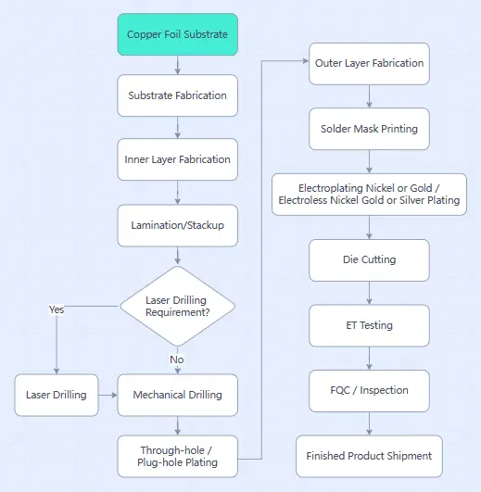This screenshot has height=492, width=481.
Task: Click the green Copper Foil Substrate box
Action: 177,34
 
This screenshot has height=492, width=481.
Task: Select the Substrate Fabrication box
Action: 177,95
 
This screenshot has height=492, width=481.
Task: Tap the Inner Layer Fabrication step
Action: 177,159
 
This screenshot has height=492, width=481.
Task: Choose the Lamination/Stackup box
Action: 177,224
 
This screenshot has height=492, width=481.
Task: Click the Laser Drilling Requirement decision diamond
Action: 177,306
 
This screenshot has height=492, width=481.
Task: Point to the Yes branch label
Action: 57,309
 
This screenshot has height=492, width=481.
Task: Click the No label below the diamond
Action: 177,359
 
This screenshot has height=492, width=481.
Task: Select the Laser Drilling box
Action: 57,395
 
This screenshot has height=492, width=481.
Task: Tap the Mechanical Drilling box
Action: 177,395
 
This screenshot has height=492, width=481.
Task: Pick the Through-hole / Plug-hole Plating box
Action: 177,456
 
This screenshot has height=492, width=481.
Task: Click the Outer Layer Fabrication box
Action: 370,63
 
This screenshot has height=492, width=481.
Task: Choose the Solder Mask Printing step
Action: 370,129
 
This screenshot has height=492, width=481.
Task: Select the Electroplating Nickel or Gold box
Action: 370,194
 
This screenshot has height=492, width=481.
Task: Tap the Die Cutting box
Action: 370,260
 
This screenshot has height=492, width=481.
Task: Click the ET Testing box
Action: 370,325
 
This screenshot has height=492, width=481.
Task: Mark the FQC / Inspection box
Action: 370,390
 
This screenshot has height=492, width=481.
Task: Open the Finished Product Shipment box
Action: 370,456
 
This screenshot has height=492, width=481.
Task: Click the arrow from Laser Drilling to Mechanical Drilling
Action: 108,395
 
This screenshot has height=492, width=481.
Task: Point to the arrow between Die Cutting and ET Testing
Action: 370,293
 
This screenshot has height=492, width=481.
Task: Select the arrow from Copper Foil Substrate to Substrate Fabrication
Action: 177,65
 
